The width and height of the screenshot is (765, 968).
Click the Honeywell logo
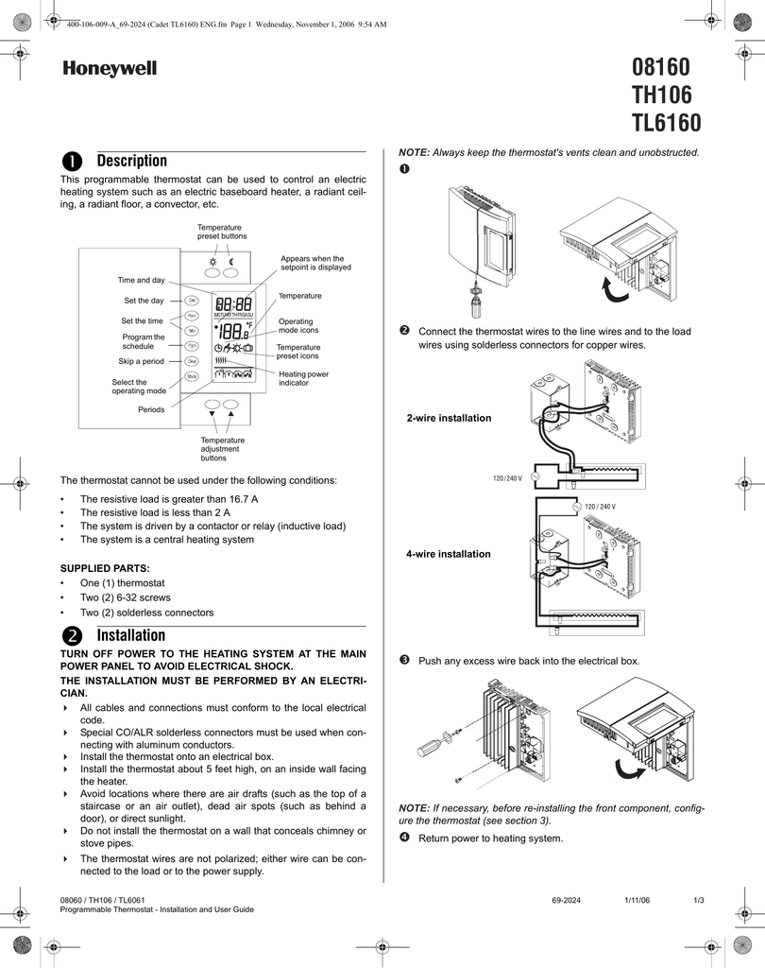(x=110, y=69)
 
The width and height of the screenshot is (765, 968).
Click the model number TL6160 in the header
(x=666, y=124)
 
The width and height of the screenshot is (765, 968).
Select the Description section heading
(x=131, y=161)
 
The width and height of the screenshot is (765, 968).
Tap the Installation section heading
(x=130, y=635)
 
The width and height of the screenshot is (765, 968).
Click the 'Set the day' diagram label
(x=144, y=301)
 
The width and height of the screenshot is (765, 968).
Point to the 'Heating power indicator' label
(x=304, y=378)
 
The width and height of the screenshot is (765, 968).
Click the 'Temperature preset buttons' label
(x=221, y=232)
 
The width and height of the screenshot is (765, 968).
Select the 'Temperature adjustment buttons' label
(x=222, y=449)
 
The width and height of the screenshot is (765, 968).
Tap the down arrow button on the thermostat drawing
(x=212, y=414)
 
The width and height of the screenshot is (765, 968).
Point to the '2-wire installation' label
(x=449, y=418)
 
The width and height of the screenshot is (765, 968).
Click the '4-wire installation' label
(x=449, y=554)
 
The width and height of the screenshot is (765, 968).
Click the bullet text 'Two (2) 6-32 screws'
(x=126, y=598)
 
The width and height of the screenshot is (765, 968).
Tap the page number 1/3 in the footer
(x=699, y=900)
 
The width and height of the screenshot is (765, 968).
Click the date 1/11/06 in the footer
(x=637, y=900)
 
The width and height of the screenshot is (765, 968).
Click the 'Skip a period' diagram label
(x=141, y=361)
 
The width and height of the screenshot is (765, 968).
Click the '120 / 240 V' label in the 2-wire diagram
(x=507, y=478)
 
